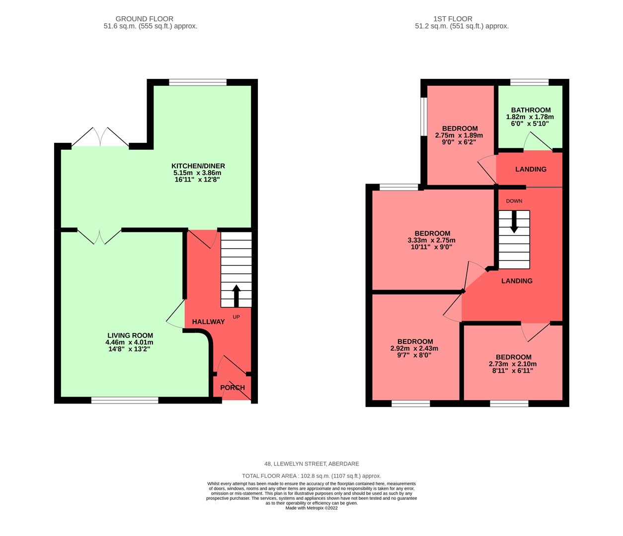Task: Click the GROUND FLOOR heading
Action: (150, 19)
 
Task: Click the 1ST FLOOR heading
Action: (462, 19)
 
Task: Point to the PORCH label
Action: (233, 388)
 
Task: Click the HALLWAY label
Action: (209, 322)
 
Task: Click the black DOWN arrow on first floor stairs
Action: (514, 222)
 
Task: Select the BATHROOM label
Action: (531, 110)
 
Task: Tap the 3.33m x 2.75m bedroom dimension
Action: (432, 240)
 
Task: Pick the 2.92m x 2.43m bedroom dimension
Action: (415, 348)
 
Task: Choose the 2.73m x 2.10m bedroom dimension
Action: (513, 364)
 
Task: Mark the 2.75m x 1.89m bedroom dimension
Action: (459, 135)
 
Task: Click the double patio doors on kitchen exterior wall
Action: (100, 138)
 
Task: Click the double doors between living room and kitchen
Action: (99, 235)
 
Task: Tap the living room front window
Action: (125, 400)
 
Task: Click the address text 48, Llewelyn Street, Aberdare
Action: (311, 464)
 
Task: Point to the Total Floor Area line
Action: (311, 475)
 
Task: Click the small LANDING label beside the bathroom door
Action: (531, 169)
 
